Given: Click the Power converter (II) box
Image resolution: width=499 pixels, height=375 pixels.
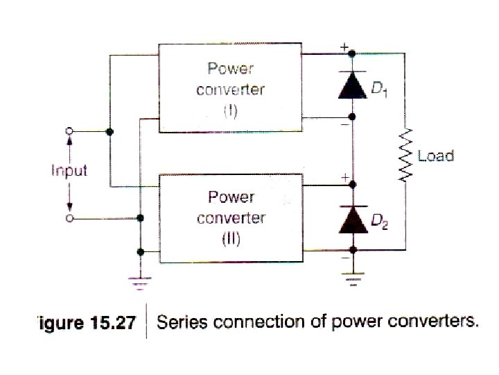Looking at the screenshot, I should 231,218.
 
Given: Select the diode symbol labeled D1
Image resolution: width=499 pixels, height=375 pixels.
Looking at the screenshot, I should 352,84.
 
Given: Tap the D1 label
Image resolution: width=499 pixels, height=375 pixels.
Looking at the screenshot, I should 380,89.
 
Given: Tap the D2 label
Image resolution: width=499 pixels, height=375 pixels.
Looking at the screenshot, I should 380,222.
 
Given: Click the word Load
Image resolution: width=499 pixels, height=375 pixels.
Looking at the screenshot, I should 435,156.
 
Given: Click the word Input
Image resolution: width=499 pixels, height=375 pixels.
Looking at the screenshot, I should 69,171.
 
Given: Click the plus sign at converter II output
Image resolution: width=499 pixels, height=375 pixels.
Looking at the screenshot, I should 344,178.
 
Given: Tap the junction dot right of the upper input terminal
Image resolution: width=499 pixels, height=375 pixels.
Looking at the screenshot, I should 110,131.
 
